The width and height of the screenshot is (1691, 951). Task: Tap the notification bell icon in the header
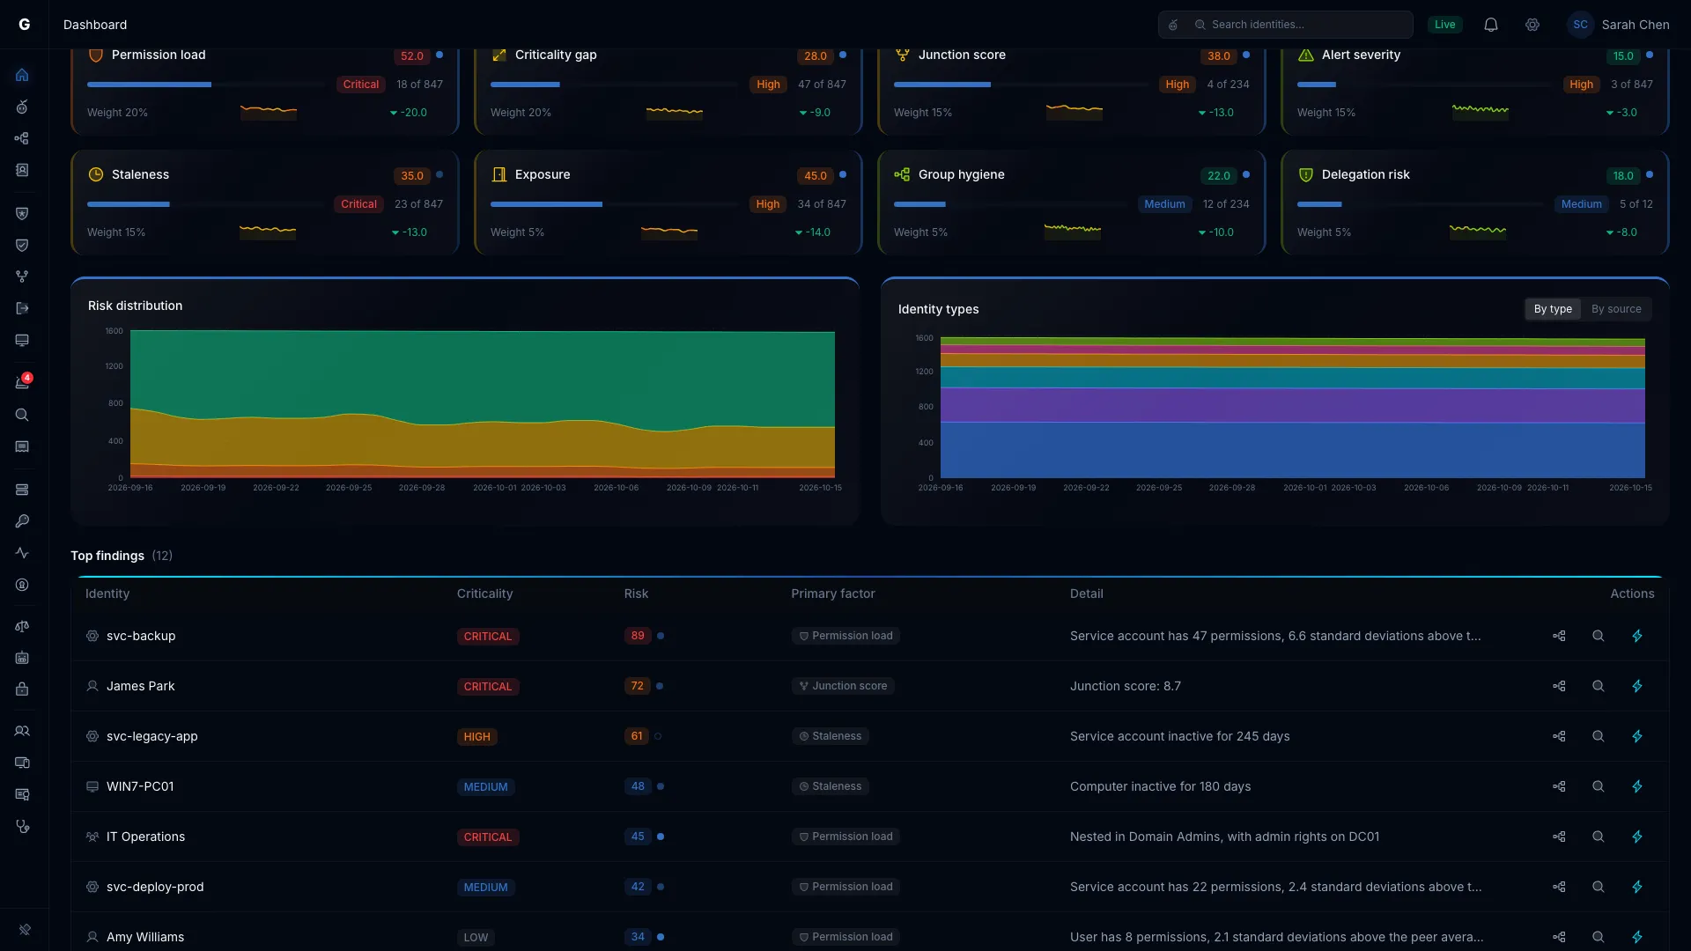[1491, 25]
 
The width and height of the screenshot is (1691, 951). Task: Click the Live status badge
[1444, 25]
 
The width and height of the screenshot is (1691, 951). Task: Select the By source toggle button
[1616, 309]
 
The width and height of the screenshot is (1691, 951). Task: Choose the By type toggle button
[1553, 309]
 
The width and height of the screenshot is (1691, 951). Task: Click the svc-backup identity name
[141, 636]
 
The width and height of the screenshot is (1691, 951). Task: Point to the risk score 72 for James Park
[637, 686]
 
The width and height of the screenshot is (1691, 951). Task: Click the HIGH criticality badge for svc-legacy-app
[476, 737]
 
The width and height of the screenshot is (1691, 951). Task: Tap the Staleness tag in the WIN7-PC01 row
[830, 786]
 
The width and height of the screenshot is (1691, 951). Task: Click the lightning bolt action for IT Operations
[1637, 837]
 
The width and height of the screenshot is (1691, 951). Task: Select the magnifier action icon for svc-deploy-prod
[1599, 887]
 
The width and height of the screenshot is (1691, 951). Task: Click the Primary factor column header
[833, 593]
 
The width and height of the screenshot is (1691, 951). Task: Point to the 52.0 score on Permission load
[412, 56]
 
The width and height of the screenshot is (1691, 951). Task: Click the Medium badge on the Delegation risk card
[1581, 204]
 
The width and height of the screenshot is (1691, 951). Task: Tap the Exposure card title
[543, 174]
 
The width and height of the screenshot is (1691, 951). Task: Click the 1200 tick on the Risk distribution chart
[114, 366]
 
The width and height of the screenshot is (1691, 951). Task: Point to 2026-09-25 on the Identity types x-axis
[1159, 488]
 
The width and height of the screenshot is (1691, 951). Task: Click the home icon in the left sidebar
[23, 75]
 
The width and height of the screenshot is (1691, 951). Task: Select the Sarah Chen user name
[1636, 25]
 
